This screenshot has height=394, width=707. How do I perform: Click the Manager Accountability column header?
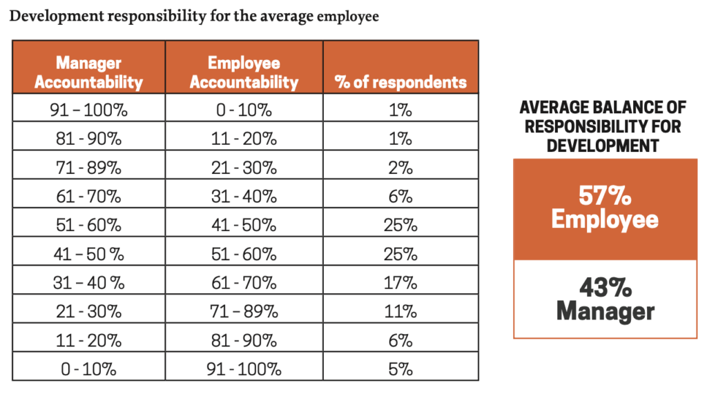tap(88, 72)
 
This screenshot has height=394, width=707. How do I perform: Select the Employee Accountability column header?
tap(244, 72)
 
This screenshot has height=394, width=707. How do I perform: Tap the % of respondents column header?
tap(400, 82)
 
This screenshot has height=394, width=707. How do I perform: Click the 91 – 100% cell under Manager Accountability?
tap(88, 110)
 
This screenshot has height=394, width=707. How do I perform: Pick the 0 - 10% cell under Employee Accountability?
tap(244, 110)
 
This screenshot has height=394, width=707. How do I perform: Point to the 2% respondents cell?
tap(400, 168)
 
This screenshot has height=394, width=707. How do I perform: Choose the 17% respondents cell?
tap(400, 282)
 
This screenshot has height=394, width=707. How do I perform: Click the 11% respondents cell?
tap(400, 311)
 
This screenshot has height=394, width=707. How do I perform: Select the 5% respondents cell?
tap(400, 368)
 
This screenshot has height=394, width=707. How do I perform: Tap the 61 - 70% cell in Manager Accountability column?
tap(88, 196)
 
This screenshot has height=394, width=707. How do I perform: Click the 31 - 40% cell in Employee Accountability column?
tap(244, 196)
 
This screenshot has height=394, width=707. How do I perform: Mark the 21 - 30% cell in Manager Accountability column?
tap(88, 311)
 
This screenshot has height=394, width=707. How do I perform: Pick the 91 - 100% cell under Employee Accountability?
tap(244, 368)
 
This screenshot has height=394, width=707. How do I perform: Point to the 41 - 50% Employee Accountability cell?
tap(244, 225)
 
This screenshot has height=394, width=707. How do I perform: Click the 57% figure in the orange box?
tap(605, 197)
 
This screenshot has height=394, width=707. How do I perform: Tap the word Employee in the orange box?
tap(605, 219)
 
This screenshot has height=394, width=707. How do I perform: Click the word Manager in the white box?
tap(605, 311)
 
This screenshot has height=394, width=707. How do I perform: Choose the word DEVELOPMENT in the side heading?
tap(603, 145)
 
